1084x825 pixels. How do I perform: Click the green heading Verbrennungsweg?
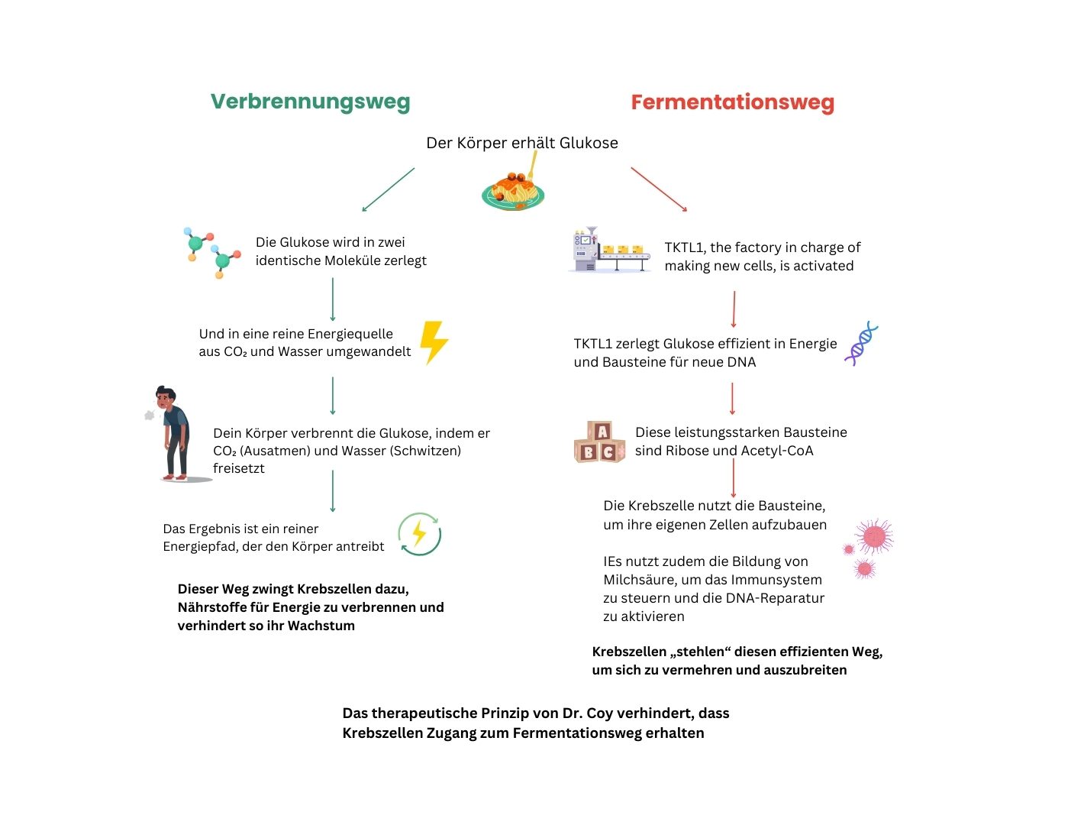pyautogui.click(x=310, y=102)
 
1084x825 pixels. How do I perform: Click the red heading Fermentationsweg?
pyautogui.click(x=732, y=102)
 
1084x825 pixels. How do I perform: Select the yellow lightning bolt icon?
pyautogui.click(x=434, y=341)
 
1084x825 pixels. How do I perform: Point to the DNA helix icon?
pyautogui.click(x=861, y=344)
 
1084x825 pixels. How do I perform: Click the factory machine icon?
pyautogui.click(x=609, y=250)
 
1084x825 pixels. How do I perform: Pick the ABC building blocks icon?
pyautogui.click(x=599, y=442)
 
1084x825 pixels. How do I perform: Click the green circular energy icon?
pyautogui.click(x=419, y=534)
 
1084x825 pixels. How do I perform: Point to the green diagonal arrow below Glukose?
pyautogui.click(x=388, y=189)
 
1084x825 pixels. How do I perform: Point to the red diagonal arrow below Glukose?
pyautogui.click(x=659, y=189)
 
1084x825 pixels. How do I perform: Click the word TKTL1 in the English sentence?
pyautogui.click(x=684, y=247)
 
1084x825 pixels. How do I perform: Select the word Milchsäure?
pyautogui.click(x=639, y=580)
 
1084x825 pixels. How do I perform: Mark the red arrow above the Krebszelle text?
pyautogui.click(x=733, y=478)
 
